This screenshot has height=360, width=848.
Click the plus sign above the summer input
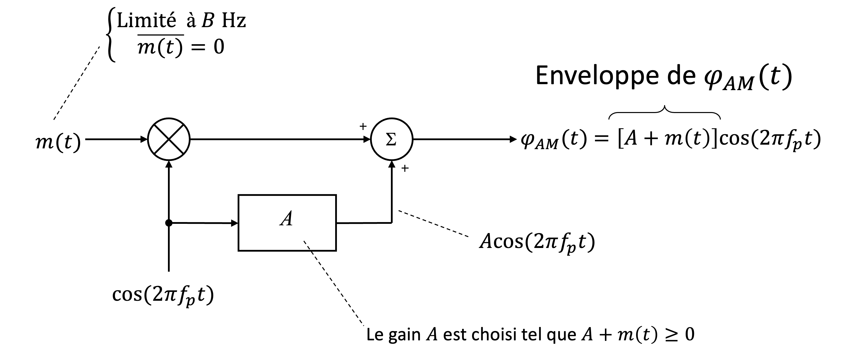[363, 126]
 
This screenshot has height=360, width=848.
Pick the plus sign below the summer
[405, 168]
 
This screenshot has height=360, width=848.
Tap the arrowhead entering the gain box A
[234, 223]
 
